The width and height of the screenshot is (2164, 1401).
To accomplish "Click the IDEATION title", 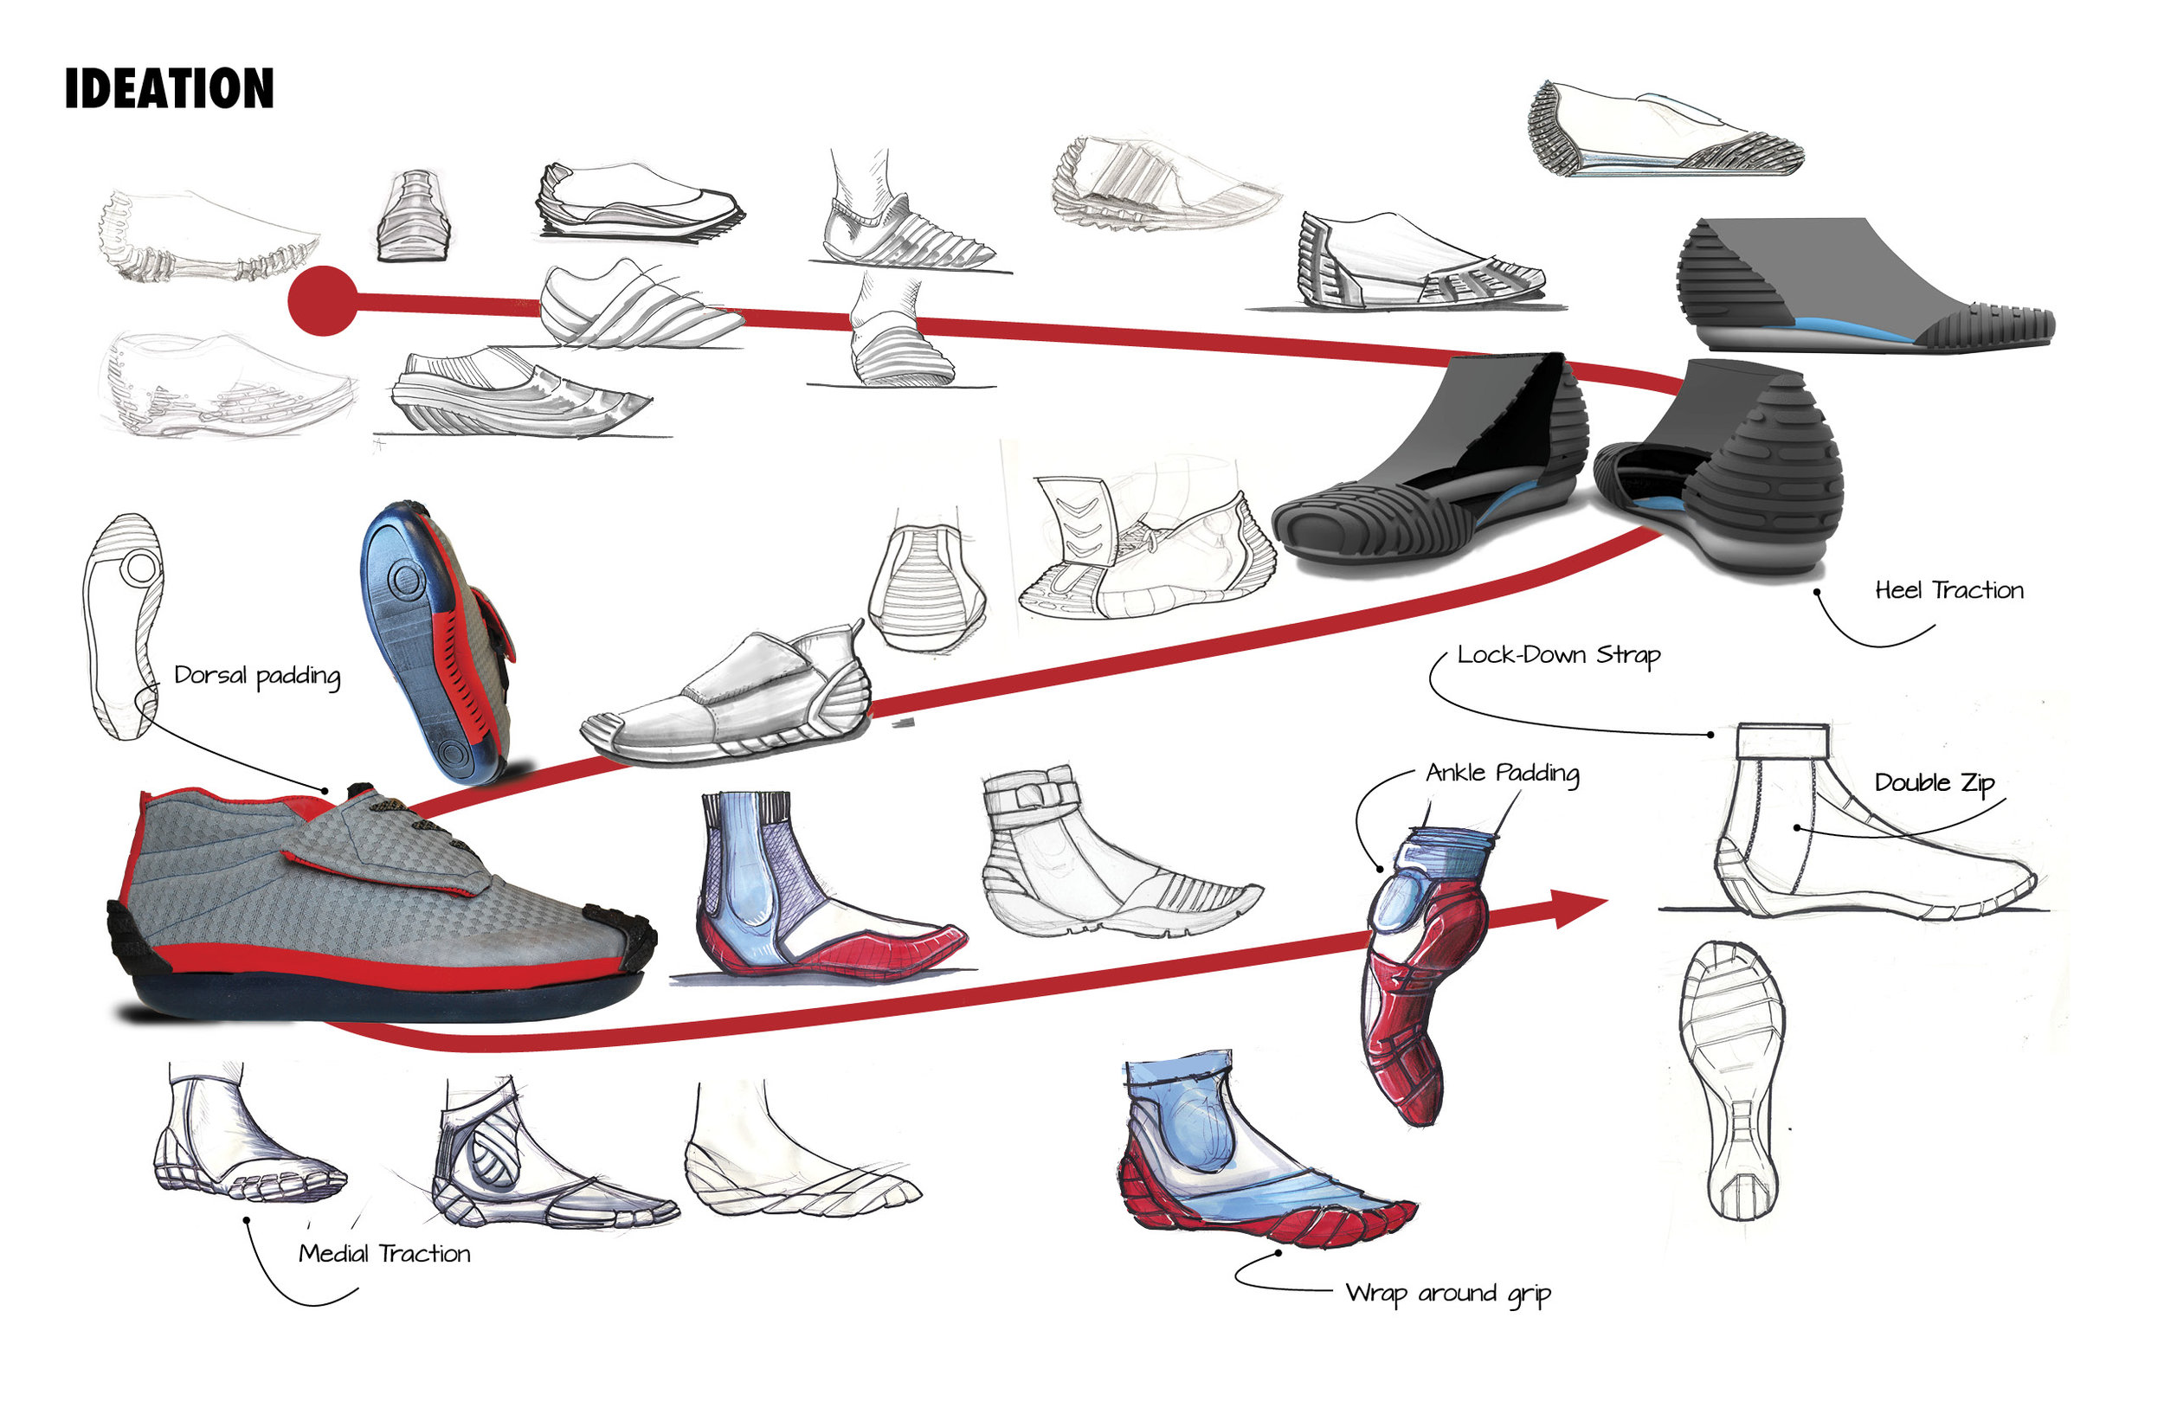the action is [169, 89].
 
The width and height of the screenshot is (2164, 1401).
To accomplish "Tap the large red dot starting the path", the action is [323, 301].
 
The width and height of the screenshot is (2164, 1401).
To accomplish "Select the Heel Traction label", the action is [1948, 591].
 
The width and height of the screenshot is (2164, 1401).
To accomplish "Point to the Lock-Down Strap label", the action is [1557, 655].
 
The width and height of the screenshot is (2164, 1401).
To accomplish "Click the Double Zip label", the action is [1934, 783].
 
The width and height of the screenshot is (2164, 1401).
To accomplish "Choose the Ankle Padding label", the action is [1502, 773].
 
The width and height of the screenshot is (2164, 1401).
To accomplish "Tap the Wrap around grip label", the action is [1447, 1293].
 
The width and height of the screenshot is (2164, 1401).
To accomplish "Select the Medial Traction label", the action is [384, 1254].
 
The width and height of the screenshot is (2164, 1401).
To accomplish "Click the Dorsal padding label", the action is [257, 676].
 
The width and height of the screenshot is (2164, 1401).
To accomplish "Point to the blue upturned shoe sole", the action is [418, 636].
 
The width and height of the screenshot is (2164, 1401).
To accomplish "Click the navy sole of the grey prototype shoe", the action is [382, 995].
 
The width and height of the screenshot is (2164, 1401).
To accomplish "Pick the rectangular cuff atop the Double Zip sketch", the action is [1782, 740].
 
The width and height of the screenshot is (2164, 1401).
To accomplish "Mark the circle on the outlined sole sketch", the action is [140, 569].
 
